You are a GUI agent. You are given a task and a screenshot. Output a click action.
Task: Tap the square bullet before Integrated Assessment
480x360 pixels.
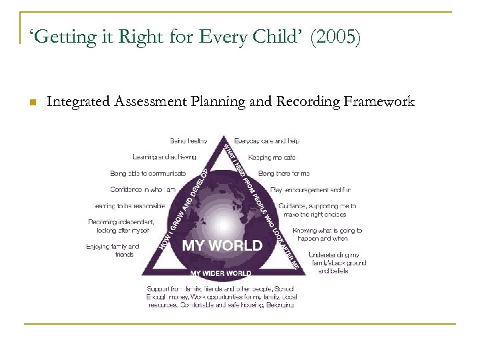point(31,102)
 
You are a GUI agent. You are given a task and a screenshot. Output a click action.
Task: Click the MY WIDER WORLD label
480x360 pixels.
point(221,273)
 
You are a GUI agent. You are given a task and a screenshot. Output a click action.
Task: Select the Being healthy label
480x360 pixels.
point(188,141)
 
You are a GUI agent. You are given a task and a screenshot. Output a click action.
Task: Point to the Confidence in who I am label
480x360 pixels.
point(143,190)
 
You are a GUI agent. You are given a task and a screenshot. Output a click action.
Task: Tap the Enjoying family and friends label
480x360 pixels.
point(113,250)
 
